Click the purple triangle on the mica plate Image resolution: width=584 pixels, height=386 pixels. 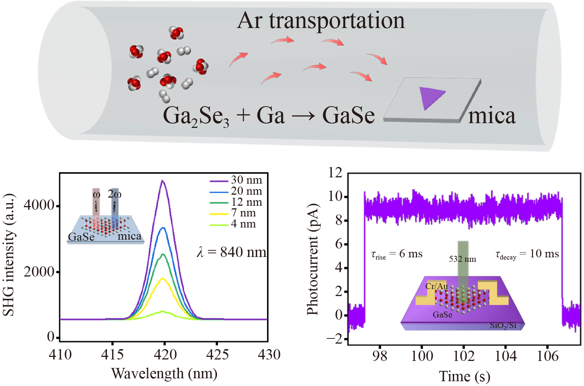[x=430, y=97]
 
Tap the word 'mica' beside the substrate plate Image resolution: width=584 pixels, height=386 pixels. [x=492, y=116]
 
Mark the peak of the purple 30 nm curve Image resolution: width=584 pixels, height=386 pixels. [x=163, y=181]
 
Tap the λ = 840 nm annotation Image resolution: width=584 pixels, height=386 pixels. [x=232, y=252]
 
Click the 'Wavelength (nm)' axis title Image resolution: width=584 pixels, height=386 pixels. [x=164, y=373]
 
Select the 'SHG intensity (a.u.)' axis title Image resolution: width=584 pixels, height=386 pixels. [x=9, y=254]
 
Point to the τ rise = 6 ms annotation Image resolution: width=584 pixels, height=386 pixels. [x=397, y=254]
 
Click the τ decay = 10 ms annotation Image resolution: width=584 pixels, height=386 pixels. [x=527, y=254]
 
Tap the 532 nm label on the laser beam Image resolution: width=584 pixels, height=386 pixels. [x=462, y=259]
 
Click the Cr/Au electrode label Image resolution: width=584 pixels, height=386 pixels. [x=436, y=286]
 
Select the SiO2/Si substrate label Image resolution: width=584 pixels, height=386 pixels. [x=503, y=325]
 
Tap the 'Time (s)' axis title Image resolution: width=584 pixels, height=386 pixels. [x=464, y=376]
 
